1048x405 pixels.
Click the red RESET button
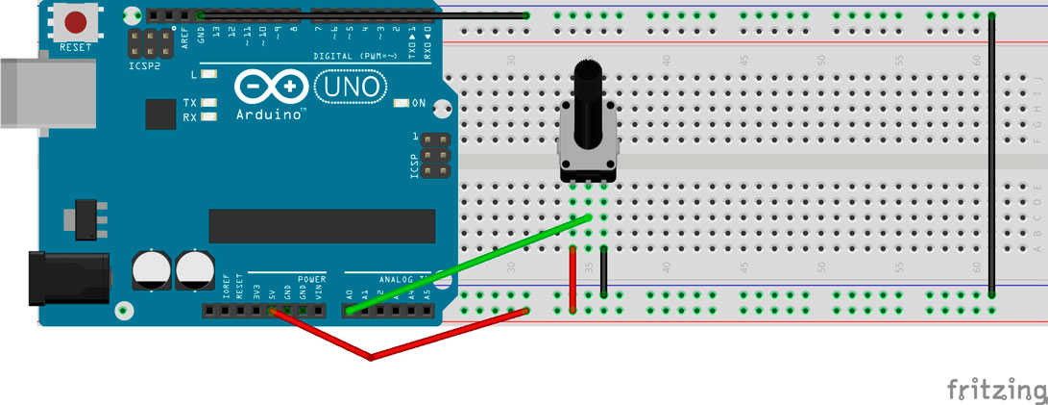tap(76, 21)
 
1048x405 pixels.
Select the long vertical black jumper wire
tap(991, 154)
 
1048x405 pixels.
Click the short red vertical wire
tap(573, 279)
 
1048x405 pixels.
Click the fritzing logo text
tap(995, 389)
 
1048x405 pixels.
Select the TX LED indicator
tap(208, 102)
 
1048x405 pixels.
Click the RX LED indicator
tap(208, 117)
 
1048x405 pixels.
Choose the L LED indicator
tap(208, 74)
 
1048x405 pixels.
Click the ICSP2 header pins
tap(150, 42)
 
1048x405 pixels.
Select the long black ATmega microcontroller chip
tap(322, 226)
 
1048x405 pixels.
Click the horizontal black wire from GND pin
tap(365, 15)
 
